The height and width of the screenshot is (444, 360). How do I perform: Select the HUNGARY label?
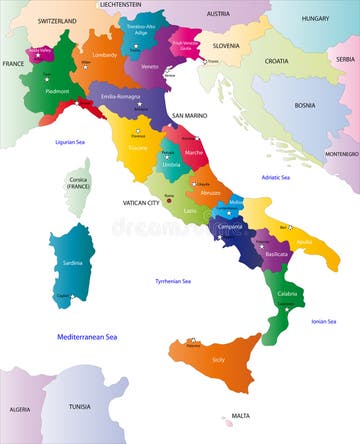(315, 18)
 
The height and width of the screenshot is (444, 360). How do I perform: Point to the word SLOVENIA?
(225, 45)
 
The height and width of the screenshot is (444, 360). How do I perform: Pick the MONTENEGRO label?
(340, 154)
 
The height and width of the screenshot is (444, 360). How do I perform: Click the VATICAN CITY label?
(140, 203)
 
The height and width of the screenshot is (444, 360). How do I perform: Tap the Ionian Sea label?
(323, 321)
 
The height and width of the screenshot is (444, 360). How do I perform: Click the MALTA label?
(240, 415)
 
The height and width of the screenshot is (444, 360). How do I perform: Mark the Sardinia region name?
(73, 262)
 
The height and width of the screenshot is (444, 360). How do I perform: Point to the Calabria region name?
(287, 293)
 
